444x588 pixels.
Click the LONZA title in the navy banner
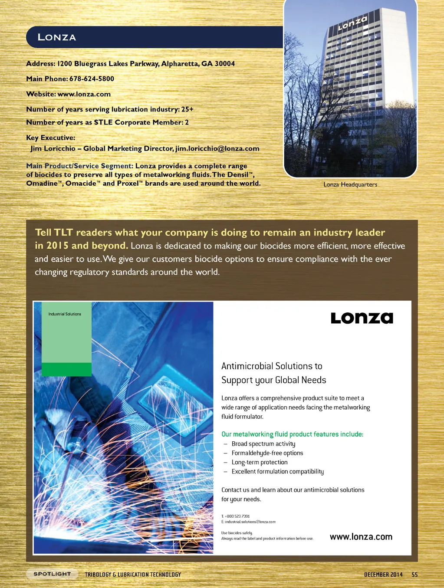point(57,37)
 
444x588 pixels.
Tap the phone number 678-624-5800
point(92,79)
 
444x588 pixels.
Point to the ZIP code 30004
point(224,63)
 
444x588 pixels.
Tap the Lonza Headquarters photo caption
point(350,184)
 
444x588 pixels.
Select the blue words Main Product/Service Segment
point(79,166)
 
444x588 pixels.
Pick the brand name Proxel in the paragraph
point(128,183)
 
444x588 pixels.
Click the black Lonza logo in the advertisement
point(362,318)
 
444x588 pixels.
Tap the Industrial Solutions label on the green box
point(65,314)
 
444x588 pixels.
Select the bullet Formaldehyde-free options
point(267,453)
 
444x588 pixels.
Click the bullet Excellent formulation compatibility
point(277,471)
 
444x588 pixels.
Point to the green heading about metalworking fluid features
point(292,434)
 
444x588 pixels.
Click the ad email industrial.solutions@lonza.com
point(250,522)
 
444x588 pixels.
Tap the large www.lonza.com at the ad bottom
point(361,537)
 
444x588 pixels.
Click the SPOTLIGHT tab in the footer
point(52,574)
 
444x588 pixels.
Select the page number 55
point(414,575)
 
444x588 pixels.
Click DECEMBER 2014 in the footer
point(383,575)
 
